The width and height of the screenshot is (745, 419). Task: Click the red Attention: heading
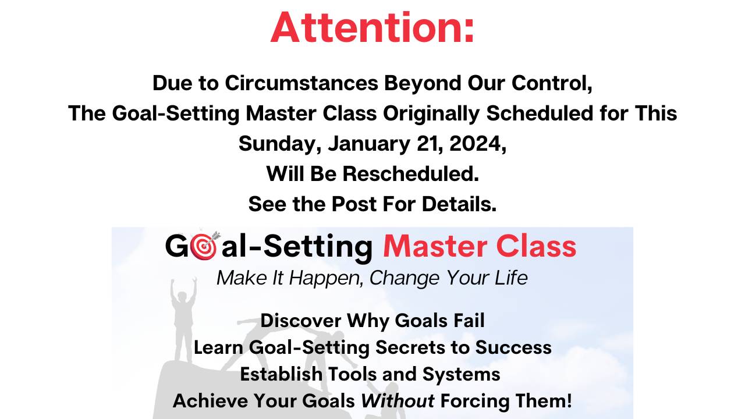pos(372,27)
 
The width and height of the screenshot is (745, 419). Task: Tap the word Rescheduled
pos(410,173)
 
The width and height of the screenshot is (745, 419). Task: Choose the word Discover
pos(301,321)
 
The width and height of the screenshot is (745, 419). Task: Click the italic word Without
pos(398,401)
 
